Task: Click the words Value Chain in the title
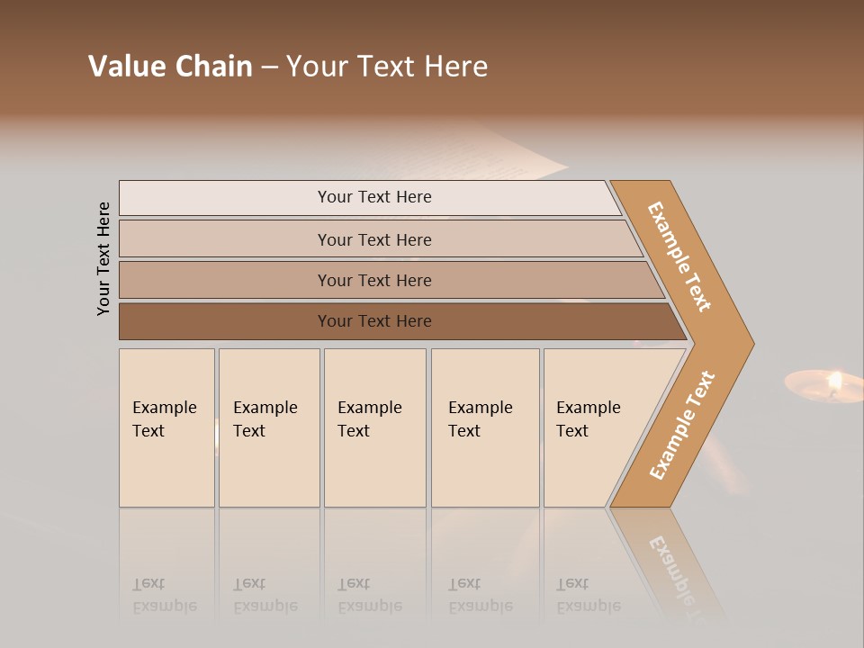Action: (x=170, y=67)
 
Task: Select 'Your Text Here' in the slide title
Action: (x=387, y=67)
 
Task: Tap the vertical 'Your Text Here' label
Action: (x=103, y=258)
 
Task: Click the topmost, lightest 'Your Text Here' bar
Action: (x=373, y=197)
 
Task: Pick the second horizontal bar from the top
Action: (x=373, y=239)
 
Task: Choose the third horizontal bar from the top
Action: (x=373, y=280)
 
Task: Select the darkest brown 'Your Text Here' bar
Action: (x=373, y=321)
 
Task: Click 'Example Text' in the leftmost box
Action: (x=164, y=419)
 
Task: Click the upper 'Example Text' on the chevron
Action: (x=679, y=256)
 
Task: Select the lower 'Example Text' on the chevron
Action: (x=682, y=426)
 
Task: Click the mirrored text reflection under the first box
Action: (x=164, y=595)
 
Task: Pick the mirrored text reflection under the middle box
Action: (x=369, y=595)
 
